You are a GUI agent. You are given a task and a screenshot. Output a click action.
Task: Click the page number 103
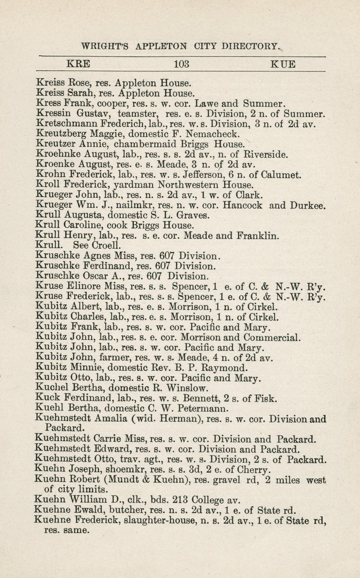(x=181, y=65)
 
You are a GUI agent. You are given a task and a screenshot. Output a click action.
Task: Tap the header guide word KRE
(x=78, y=65)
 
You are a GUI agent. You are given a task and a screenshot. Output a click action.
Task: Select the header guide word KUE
(x=283, y=65)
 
